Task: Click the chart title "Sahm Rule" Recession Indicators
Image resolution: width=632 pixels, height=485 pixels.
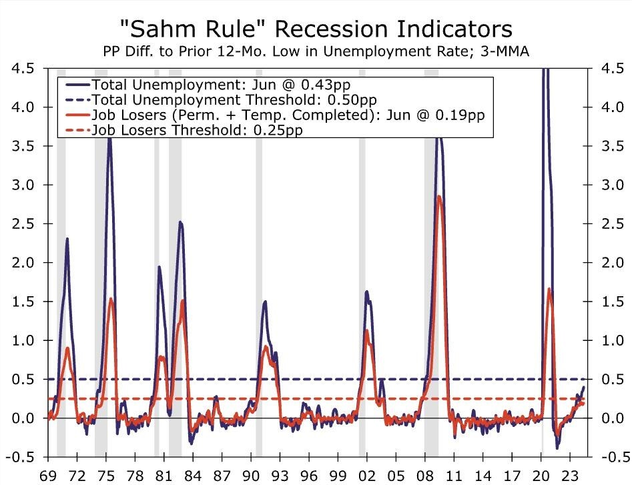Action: [x=316, y=28]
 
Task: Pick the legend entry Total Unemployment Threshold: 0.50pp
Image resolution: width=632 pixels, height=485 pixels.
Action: [x=220, y=99]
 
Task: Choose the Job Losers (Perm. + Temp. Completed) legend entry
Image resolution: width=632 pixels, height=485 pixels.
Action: [x=288, y=115]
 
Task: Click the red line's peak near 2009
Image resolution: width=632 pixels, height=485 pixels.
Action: [x=439, y=196]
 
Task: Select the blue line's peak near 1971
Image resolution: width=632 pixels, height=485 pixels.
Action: [x=67, y=239]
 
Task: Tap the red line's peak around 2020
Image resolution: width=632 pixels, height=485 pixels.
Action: [x=549, y=289]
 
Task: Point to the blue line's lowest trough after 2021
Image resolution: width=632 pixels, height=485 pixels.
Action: [x=557, y=448]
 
